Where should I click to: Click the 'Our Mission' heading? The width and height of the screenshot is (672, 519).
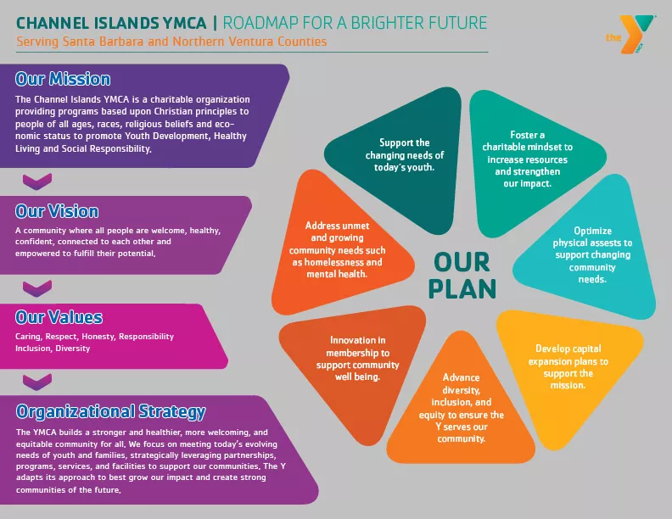pyautogui.click(x=63, y=79)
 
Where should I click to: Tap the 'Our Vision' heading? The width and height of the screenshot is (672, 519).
pyautogui.click(x=57, y=211)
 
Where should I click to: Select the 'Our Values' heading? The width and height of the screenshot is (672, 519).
pyautogui.click(x=59, y=317)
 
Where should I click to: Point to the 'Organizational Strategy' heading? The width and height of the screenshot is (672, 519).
pyautogui.click(x=111, y=411)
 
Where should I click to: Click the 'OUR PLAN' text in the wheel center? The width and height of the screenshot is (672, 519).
pyautogui.click(x=462, y=276)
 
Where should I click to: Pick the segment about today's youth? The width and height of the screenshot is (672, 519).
pyautogui.click(x=396, y=159)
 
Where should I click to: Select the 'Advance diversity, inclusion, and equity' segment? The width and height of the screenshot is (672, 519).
pyautogui.click(x=461, y=405)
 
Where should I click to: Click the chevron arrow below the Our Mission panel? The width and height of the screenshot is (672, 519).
pyautogui.click(x=37, y=181)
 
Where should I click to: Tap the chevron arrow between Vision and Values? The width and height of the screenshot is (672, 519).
pyautogui.click(x=37, y=288)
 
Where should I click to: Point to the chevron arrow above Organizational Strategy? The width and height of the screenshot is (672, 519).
pyautogui.click(x=37, y=382)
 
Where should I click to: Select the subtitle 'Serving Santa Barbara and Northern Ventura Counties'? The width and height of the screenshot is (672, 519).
pyautogui.click(x=171, y=42)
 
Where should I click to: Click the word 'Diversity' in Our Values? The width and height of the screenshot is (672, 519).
pyautogui.click(x=73, y=349)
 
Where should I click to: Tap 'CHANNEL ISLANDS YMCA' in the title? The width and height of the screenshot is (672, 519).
pyautogui.click(x=111, y=23)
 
